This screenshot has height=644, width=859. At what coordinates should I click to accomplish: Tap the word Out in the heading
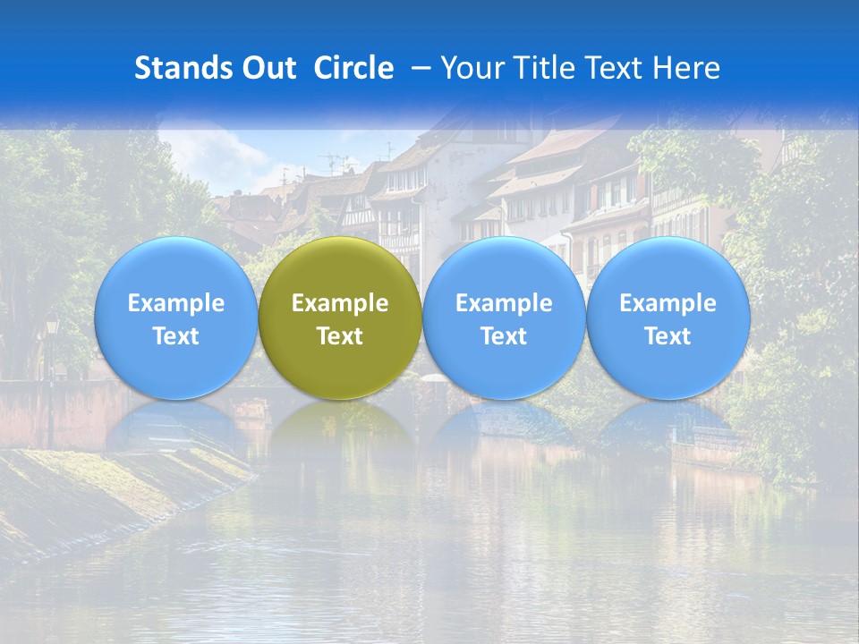(268, 68)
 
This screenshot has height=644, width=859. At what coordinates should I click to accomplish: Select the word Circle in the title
(353, 68)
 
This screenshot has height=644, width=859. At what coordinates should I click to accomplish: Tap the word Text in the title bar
(616, 68)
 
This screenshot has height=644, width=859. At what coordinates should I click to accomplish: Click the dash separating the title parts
(417, 69)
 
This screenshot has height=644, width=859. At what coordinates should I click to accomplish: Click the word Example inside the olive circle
(340, 303)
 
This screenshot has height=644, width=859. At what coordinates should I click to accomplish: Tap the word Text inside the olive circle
(340, 336)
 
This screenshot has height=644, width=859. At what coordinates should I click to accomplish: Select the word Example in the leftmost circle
(175, 303)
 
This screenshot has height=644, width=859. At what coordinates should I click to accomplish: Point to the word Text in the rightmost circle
(668, 336)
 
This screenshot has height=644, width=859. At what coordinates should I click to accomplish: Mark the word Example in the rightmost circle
(668, 303)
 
